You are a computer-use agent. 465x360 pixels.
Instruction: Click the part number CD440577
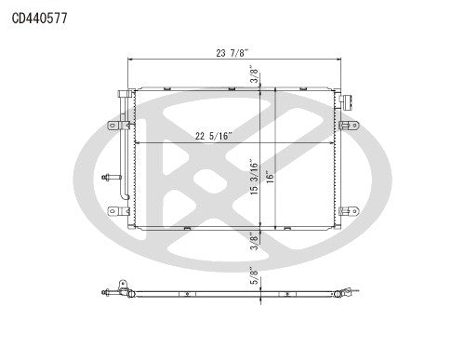[x=38, y=17]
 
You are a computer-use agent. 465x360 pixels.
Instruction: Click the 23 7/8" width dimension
[x=232, y=52]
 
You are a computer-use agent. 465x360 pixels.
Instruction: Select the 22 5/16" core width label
[x=214, y=136]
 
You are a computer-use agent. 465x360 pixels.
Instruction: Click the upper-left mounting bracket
[x=113, y=124]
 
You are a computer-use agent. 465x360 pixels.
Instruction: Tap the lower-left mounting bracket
[x=113, y=210]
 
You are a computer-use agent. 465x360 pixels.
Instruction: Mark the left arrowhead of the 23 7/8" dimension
[x=131, y=61]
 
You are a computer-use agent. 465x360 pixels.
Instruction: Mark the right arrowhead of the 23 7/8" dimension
[x=339, y=61]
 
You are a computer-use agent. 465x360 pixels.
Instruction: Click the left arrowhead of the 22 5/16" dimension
[x=138, y=144]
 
